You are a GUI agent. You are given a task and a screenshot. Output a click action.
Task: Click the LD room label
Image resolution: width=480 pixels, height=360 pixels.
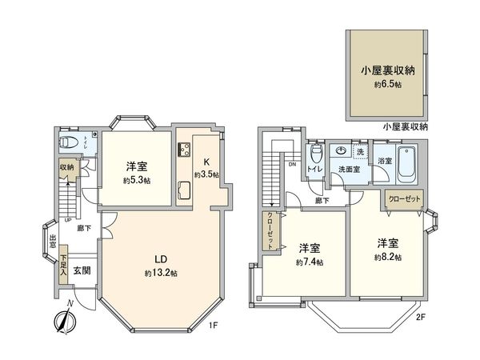(x=160, y=259)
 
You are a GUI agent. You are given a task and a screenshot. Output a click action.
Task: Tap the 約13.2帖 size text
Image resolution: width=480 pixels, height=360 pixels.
(x=160, y=274)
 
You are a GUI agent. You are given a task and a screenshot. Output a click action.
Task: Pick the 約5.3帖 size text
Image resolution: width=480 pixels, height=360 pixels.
(x=138, y=180)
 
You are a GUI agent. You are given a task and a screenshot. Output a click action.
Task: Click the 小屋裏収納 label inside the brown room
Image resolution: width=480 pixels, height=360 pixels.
(x=386, y=70)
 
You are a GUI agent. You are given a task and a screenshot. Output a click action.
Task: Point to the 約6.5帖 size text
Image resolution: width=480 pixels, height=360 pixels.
(x=386, y=83)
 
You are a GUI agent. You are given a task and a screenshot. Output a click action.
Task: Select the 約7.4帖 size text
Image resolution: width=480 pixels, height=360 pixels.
(x=310, y=262)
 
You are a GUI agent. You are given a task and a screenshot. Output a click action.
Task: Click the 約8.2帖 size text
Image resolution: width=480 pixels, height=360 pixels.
(x=388, y=257)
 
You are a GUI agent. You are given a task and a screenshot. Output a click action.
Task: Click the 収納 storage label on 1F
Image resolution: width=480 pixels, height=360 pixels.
(x=66, y=167)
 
